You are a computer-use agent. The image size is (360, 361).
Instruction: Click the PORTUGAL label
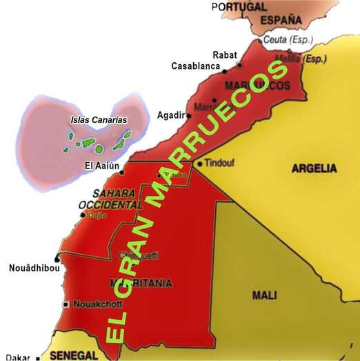[x=239, y=6]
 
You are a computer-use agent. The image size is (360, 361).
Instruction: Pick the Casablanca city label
[x=195, y=66]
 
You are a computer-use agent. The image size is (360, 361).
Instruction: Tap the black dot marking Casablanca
[x=224, y=68]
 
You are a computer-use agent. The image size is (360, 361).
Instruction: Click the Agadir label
[x=170, y=115]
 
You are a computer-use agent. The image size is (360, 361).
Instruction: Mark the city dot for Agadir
[x=190, y=115]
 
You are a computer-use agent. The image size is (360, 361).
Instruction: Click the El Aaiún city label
[x=102, y=166]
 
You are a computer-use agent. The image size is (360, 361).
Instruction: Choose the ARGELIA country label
[x=314, y=168]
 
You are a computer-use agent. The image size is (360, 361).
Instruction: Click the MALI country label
[x=264, y=295]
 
